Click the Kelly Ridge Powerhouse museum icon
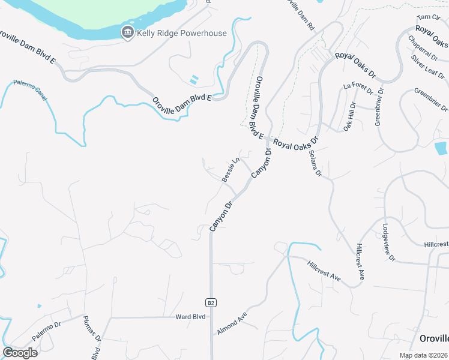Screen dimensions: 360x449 (127, 33)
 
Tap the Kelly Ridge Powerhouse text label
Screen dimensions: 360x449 (182, 34)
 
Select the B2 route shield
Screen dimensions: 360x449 (211, 302)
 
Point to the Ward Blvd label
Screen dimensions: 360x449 (191, 317)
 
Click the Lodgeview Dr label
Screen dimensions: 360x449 (388, 242)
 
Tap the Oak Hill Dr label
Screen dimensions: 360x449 (349, 116)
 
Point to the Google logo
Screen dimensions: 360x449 (20, 352)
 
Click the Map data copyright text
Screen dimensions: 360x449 (424, 355)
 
